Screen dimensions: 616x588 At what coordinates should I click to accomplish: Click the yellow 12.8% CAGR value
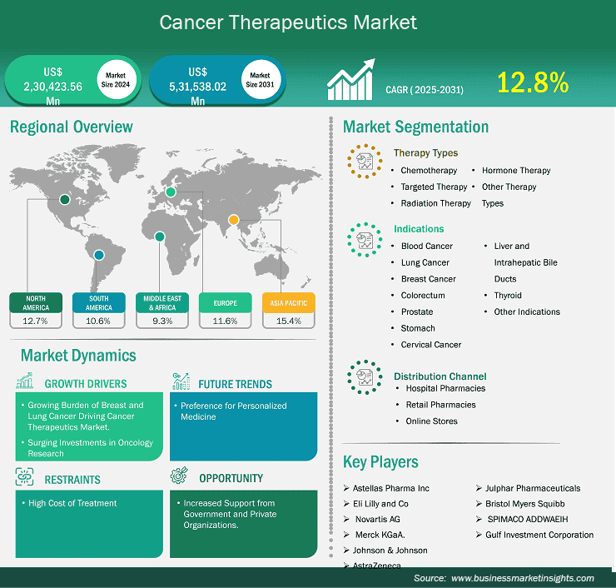click(x=533, y=82)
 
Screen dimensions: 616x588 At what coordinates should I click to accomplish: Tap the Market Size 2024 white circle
click(x=117, y=80)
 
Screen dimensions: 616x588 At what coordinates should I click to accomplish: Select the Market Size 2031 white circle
click(x=261, y=80)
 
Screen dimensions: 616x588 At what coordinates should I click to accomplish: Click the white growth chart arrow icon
click(x=350, y=79)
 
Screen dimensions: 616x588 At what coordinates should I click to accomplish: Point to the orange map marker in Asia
click(x=233, y=220)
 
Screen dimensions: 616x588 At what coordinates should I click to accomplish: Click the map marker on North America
click(x=65, y=199)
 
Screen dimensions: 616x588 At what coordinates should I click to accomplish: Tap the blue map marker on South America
click(x=99, y=255)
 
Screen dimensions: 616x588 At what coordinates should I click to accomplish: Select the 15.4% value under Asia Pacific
click(x=289, y=321)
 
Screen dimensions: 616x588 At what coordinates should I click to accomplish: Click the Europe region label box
click(x=225, y=302)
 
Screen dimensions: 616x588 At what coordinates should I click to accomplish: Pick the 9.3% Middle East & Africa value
click(x=162, y=321)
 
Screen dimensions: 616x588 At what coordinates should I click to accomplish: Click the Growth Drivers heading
click(x=86, y=384)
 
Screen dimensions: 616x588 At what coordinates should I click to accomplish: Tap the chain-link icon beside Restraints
click(x=24, y=476)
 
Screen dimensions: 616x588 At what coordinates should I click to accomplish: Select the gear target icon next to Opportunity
click(x=179, y=476)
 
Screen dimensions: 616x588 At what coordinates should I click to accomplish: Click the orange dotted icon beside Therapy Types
click(x=365, y=161)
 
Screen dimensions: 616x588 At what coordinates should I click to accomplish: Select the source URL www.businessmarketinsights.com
click(x=523, y=578)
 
